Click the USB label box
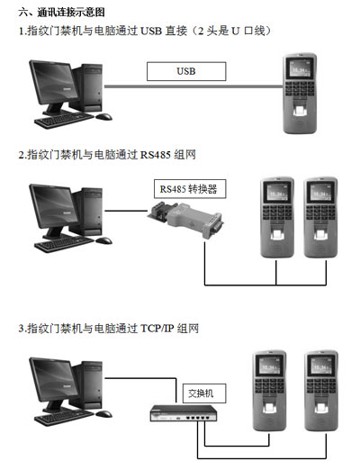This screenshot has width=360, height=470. pyautogui.click(x=186, y=71)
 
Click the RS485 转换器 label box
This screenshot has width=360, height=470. pyautogui.click(x=190, y=189)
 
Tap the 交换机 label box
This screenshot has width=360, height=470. pyautogui.click(x=204, y=393)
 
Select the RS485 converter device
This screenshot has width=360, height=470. pyautogui.click(x=185, y=220)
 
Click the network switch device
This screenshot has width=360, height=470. pyautogui.click(x=184, y=413)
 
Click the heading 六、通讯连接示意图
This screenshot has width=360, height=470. pyautogui.click(x=61, y=13)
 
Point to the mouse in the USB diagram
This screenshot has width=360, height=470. pyautogui.click(x=103, y=116)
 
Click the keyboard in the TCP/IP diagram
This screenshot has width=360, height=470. pyautogui.click(x=64, y=417)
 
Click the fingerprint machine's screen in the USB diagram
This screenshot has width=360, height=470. pyautogui.click(x=301, y=69)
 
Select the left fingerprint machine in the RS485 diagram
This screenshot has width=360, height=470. pyautogui.click(x=277, y=218)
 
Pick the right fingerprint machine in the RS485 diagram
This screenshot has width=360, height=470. pyautogui.click(x=320, y=218)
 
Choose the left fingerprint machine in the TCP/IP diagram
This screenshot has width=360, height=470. pyautogui.click(x=269, y=391)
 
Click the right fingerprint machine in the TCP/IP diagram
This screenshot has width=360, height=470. pyautogui.click(x=321, y=391)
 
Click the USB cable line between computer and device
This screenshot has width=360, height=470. pyautogui.click(x=193, y=86)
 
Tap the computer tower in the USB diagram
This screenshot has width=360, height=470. pyautogui.click(x=87, y=87)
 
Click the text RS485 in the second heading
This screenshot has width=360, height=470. pyautogui.click(x=156, y=155)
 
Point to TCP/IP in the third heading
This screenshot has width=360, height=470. pyautogui.click(x=157, y=329)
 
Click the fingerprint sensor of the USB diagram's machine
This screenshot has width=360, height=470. pyautogui.click(x=300, y=111)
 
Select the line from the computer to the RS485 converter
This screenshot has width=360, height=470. pyautogui.click(x=126, y=211)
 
